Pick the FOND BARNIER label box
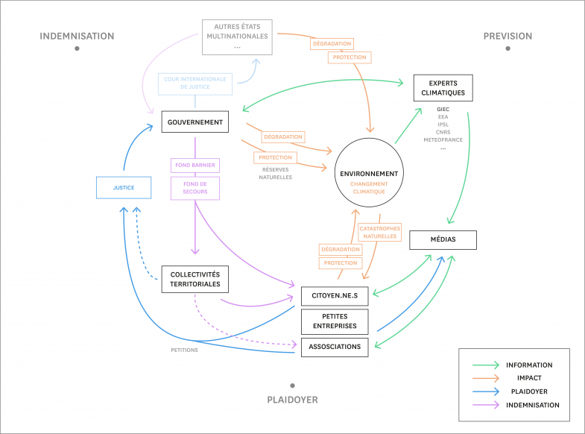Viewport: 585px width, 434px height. coord(195,166)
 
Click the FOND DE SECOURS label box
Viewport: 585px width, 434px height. coord(195,188)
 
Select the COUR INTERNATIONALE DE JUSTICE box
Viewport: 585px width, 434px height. coord(195,84)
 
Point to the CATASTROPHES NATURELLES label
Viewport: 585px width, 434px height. coord(380,232)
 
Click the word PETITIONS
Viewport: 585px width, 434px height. coord(184,350)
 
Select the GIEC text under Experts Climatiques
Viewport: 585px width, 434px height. coord(443,110)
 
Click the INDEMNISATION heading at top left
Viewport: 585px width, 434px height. coord(77,37)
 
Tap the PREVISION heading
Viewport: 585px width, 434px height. coord(507,37)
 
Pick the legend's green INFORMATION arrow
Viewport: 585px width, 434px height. coord(485,365)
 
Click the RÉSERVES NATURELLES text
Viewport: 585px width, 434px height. coord(275,174)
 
